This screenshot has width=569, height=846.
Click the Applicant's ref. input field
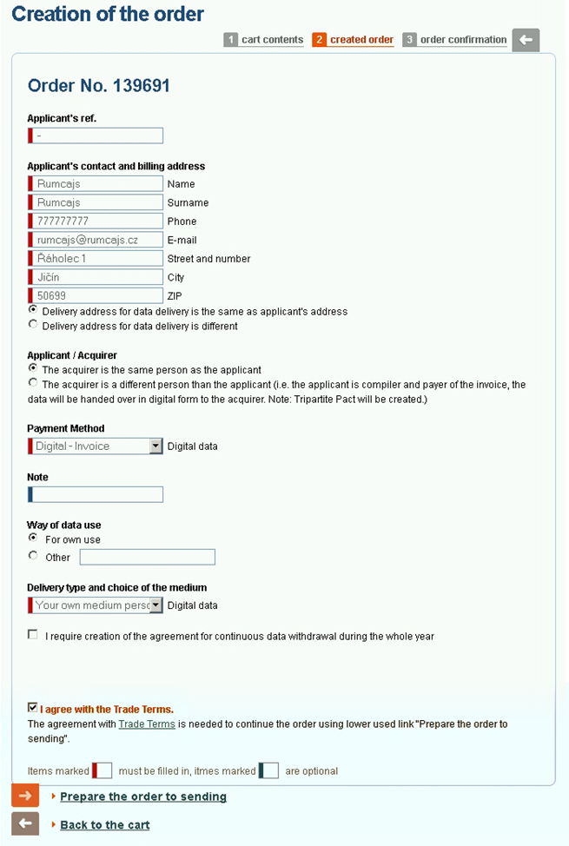(96, 135)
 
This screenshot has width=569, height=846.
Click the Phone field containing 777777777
(96, 221)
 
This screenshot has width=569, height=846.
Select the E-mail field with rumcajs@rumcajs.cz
(96, 240)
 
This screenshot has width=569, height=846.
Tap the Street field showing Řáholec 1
(96, 259)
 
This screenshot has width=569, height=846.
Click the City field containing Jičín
(96, 277)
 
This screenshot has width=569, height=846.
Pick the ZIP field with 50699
(96, 296)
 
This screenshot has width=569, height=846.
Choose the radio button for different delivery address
(33, 325)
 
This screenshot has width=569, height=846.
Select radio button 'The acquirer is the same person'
(33, 368)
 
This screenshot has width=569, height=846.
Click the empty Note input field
(96, 494)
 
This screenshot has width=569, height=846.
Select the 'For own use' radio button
(33, 538)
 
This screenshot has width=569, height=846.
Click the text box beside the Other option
(147, 557)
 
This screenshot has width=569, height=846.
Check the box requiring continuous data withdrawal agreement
(33, 635)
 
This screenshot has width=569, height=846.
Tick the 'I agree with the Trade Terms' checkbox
(33, 708)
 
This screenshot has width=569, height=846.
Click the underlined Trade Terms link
(147, 724)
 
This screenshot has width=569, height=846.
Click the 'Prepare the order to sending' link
(143, 796)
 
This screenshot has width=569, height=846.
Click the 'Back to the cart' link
(105, 824)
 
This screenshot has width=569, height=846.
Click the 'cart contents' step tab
(272, 40)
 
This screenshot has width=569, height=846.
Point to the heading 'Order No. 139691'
(99, 85)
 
